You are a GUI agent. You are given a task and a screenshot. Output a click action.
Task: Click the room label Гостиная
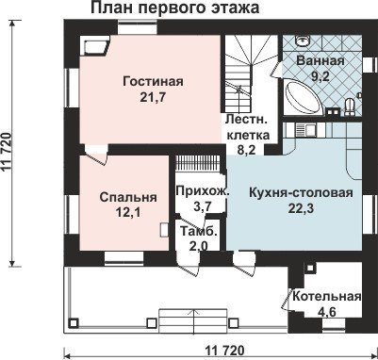pyautogui.click(x=153, y=81)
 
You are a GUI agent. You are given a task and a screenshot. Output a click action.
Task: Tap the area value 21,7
pyautogui.click(x=153, y=98)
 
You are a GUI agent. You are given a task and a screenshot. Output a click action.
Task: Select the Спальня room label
pyautogui.click(x=128, y=198)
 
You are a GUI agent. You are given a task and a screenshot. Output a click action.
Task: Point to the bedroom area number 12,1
pyautogui.click(x=128, y=213)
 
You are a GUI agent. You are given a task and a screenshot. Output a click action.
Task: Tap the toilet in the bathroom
pyautogui.click(x=350, y=106)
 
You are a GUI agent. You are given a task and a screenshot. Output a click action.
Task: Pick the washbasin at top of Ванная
pyautogui.click(x=304, y=41)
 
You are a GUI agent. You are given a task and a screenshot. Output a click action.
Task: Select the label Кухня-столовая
pyautogui.click(x=301, y=193)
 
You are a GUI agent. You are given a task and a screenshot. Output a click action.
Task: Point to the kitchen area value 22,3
pyautogui.click(x=301, y=209)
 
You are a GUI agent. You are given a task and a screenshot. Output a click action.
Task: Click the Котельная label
pyautogui.click(x=327, y=296)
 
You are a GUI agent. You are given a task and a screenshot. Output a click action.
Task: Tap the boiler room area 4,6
pyautogui.click(x=327, y=312)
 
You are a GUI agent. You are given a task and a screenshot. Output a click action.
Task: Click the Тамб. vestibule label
pyautogui.click(x=198, y=231)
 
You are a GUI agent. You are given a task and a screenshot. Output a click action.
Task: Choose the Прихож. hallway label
pyautogui.click(x=203, y=191)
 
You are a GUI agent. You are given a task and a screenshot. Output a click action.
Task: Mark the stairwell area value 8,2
pyautogui.click(x=246, y=150)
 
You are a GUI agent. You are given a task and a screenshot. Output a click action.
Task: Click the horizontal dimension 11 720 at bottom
pyautogui.click(x=225, y=351)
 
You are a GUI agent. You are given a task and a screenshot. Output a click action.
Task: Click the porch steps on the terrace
pyautogui.click(x=193, y=319)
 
